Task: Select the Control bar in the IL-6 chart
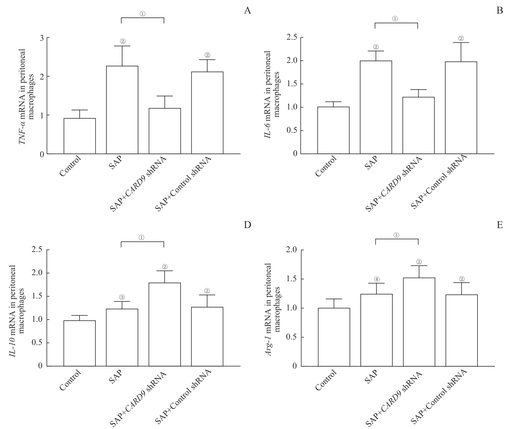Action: click(333, 130)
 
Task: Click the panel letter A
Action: click(247, 11)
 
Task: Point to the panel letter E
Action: click(500, 225)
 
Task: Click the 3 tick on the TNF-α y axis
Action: click(42, 38)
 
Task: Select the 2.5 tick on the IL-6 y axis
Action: click(291, 37)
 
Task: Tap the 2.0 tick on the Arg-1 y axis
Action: click(291, 250)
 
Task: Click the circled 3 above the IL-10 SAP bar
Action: click(122, 297)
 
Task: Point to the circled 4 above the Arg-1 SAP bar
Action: click(376, 279)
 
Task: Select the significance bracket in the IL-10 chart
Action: click(143, 242)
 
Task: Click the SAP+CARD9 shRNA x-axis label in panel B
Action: click(394, 185)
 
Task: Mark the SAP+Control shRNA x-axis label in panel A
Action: click(183, 184)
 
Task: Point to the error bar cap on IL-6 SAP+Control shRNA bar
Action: click(461, 43)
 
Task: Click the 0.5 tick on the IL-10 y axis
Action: click(38, 343)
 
